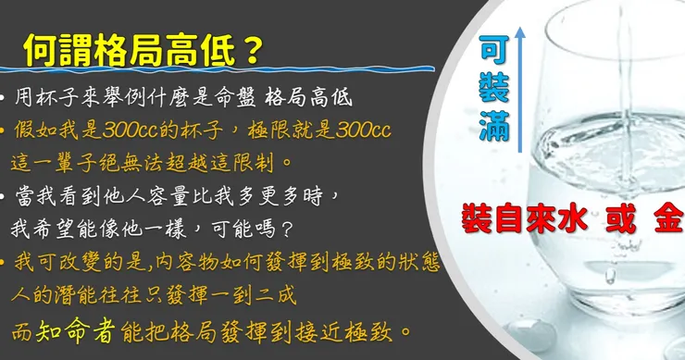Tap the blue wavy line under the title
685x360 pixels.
pos(218,69)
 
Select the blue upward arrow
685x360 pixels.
pos(519,90)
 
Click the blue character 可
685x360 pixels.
pos(493,49)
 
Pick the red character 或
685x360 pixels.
pos(620,219)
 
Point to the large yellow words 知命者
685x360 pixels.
pos(76,330)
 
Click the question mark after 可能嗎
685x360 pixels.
pos(287,229)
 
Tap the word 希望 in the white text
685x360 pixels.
pos(54,229)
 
